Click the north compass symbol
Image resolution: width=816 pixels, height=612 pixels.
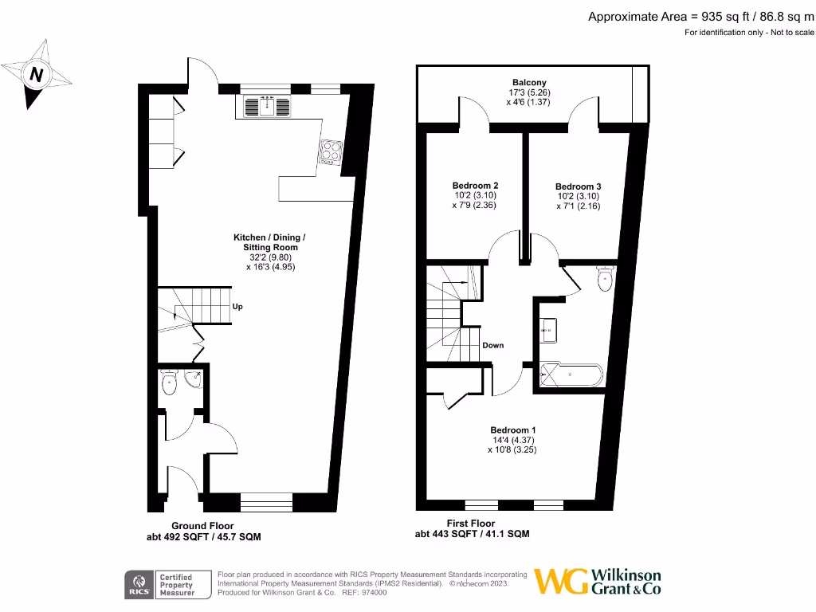(36, 76)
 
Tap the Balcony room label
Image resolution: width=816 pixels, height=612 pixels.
(529, 92)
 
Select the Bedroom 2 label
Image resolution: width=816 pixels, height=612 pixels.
(475, 195)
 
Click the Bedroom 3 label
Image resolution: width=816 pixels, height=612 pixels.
(578, 196)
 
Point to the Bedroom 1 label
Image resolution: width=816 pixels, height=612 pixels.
(512, 439)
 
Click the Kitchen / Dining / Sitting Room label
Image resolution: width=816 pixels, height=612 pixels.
(269, 253)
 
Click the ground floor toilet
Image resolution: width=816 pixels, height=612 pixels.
(169, 384)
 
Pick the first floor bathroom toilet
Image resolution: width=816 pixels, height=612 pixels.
(605, 279)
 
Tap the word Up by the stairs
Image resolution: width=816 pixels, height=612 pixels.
(237, 306)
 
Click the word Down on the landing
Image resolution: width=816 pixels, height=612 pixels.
(492, 345)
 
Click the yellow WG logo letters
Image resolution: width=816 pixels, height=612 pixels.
(560, 581)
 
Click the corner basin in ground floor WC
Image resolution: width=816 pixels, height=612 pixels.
(194, 379)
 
